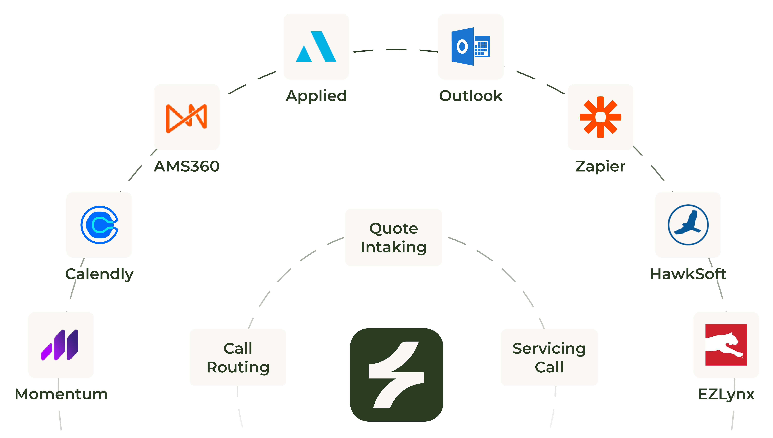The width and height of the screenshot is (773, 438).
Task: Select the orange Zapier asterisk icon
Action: [600, 117]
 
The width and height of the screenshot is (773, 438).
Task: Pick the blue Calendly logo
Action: [99, 225]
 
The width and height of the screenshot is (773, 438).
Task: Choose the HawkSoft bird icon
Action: [688, 225]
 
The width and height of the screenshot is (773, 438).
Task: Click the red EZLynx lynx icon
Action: [726, 345]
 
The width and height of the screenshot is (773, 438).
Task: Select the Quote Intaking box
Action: [393, 237]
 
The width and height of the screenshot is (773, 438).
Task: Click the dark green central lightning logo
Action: [396, 375]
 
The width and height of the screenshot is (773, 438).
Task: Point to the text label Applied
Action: [316, 96]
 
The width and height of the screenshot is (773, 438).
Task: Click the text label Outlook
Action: [471, 96]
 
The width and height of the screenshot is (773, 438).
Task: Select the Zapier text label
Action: [600, 166]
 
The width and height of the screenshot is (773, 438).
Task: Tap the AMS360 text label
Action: [186, 166]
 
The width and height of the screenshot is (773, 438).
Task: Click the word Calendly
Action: [99, 274]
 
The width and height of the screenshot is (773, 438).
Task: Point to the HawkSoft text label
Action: [688, 274]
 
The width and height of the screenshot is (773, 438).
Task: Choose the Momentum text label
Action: [61, 394]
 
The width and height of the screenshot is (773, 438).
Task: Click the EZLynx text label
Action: [726, 394]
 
